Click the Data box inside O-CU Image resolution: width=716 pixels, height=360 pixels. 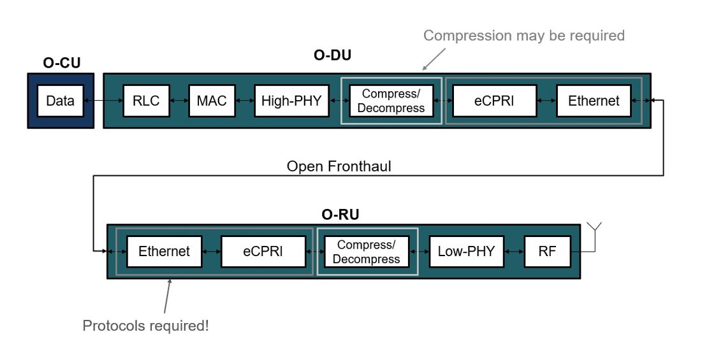(x=60, y=101)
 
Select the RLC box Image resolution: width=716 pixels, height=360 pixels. (x=145, y=101)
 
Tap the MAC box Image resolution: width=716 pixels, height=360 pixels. (x=212, y=101)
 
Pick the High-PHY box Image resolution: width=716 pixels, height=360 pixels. (x=291, y=101)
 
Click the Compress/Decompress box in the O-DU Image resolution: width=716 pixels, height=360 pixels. (x=391, y=101)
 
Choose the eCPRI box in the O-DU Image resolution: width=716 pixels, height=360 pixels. (x=494, y=101)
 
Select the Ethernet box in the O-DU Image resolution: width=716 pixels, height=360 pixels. (x=594, y=101)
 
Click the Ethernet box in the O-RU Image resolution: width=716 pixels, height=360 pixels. (x=164, y=252)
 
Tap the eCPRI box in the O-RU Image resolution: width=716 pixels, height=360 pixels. (x=262, y=252)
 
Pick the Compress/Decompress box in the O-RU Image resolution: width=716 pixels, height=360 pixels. (x=366, y=252)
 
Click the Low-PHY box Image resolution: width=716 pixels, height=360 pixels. (x=466, y=252)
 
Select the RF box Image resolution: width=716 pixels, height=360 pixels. (x=547, y=252)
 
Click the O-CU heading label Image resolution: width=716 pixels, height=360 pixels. (x=61, y=63)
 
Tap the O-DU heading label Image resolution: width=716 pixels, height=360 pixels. (x=332, y=55)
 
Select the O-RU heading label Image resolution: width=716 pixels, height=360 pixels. (x=340, y=215)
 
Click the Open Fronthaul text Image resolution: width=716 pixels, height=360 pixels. (x=339, y=166)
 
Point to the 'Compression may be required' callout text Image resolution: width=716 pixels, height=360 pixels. (x=523, y=36)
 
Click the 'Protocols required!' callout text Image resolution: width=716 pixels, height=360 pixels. (x=145, y=326)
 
